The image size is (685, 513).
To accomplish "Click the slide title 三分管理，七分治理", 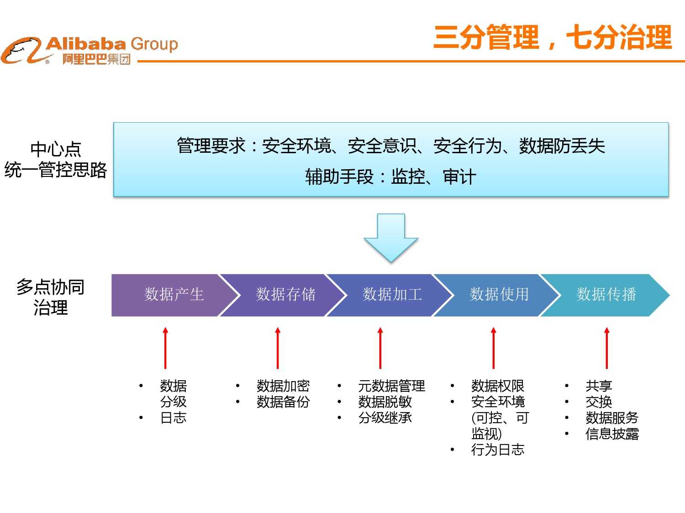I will click(x=553, y=37).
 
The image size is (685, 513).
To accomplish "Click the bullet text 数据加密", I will click(x=283, y=386).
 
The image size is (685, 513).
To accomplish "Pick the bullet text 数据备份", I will click(x=283, y=402).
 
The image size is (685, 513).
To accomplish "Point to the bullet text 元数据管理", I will click(x=391, y=386).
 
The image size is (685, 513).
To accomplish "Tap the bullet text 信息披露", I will click(x=612, y=434).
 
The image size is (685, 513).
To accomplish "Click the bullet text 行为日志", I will click(x=498, y=450).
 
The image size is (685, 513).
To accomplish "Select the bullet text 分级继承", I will click(x=385, y=418).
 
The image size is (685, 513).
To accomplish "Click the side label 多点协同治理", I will click(x=51, y=297).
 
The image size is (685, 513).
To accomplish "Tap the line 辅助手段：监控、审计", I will click(x=390, y=177).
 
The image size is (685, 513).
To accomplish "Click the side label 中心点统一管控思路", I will click(x=56, y=160).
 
